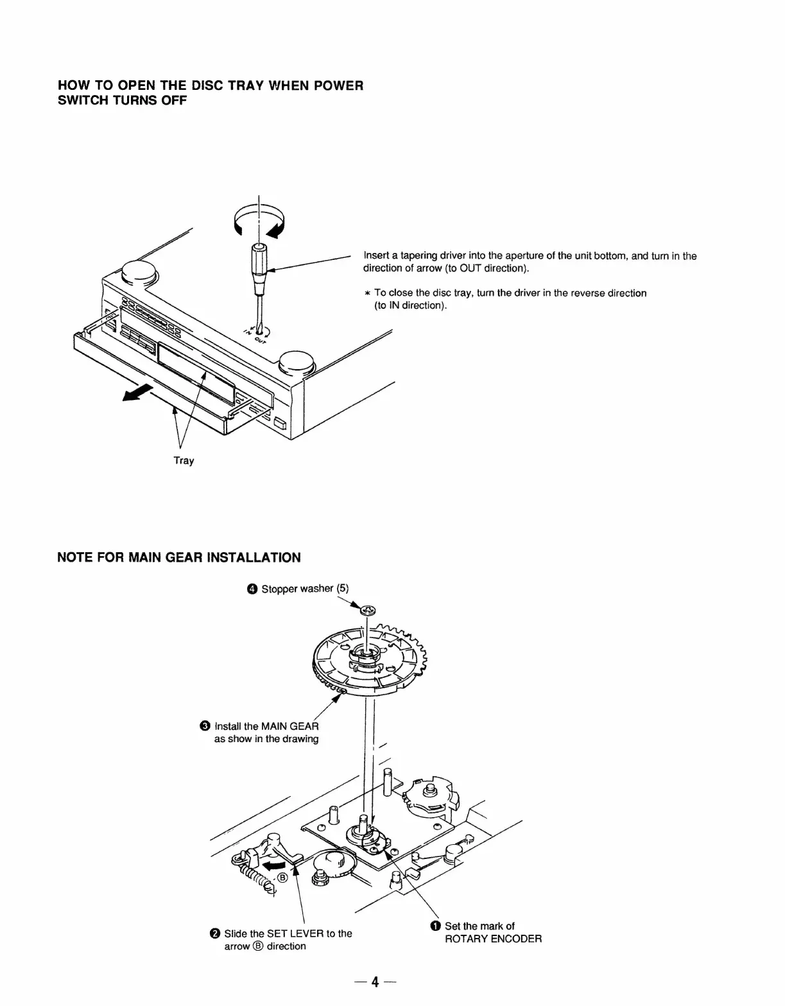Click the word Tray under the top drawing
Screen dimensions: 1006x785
pyautogui.click(x=184, y=460)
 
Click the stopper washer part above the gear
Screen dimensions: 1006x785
pyautogui.click(x=368, y=611)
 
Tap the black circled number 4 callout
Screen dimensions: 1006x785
pyautogui.click(x=253, y=589)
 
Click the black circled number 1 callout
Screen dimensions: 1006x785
pyautogui.click(x=436, y=926)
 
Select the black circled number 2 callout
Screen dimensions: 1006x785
pyautogui.click(x=215, y=933)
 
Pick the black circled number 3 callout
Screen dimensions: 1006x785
pyautogui.click(x=205, y=726)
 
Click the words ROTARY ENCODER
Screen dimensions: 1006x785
pyautogui.click(x=493, y=939)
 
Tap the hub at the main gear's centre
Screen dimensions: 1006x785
pyautogui.click(x=365, y=655)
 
